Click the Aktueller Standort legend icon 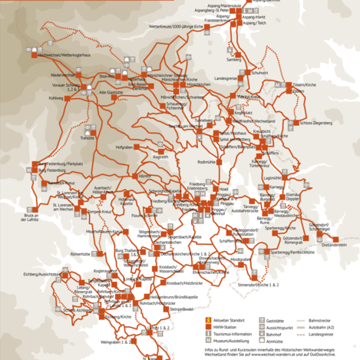pyautogui.click(x=207, y=319)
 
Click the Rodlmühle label pyautogui.click(x=207, y=162)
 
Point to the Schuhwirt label pyautogui.click(x=259, y=73)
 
